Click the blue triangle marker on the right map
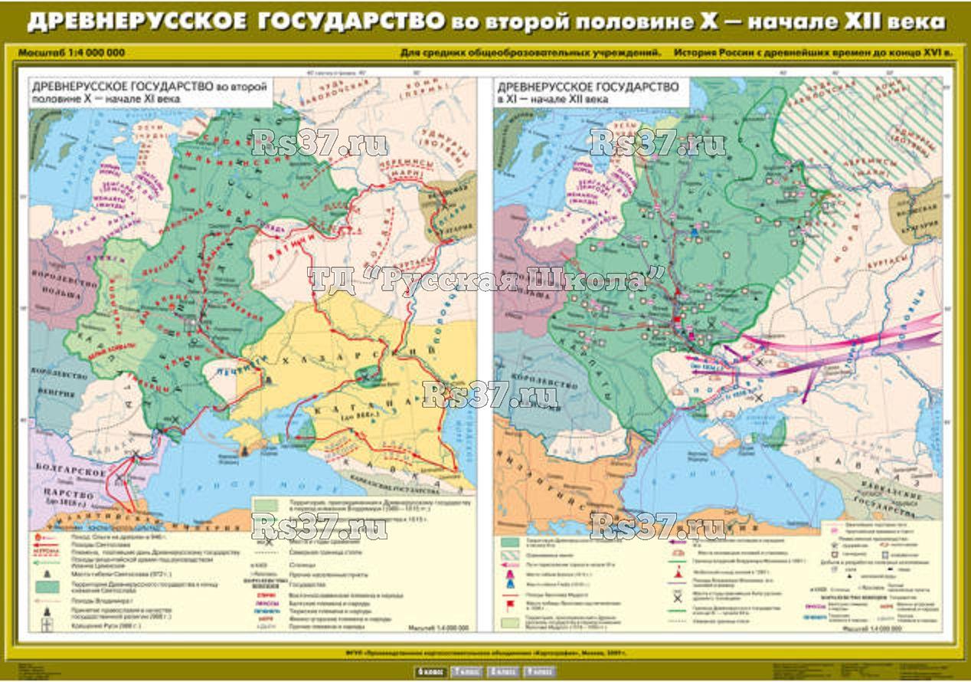(694, 231)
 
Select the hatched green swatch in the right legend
(508, 541)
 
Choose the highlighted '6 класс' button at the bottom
(431, 672)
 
